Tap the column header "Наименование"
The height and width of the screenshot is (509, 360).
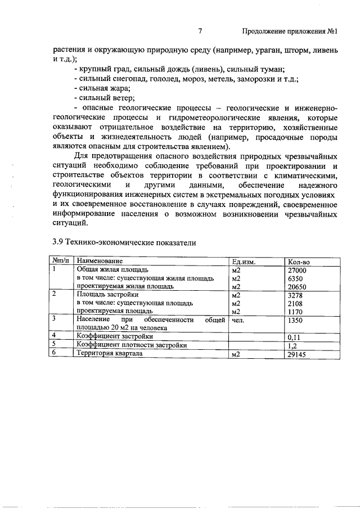pos(100,262)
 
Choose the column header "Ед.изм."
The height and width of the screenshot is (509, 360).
pos(244,262)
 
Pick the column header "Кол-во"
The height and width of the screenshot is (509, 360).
pos(298,262)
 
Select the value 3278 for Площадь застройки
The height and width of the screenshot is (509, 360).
pos(296,295)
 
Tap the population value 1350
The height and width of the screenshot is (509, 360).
pos(296,319)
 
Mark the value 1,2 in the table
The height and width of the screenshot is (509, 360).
pos(292,346)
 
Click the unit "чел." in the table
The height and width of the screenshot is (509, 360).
pos(238,319)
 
